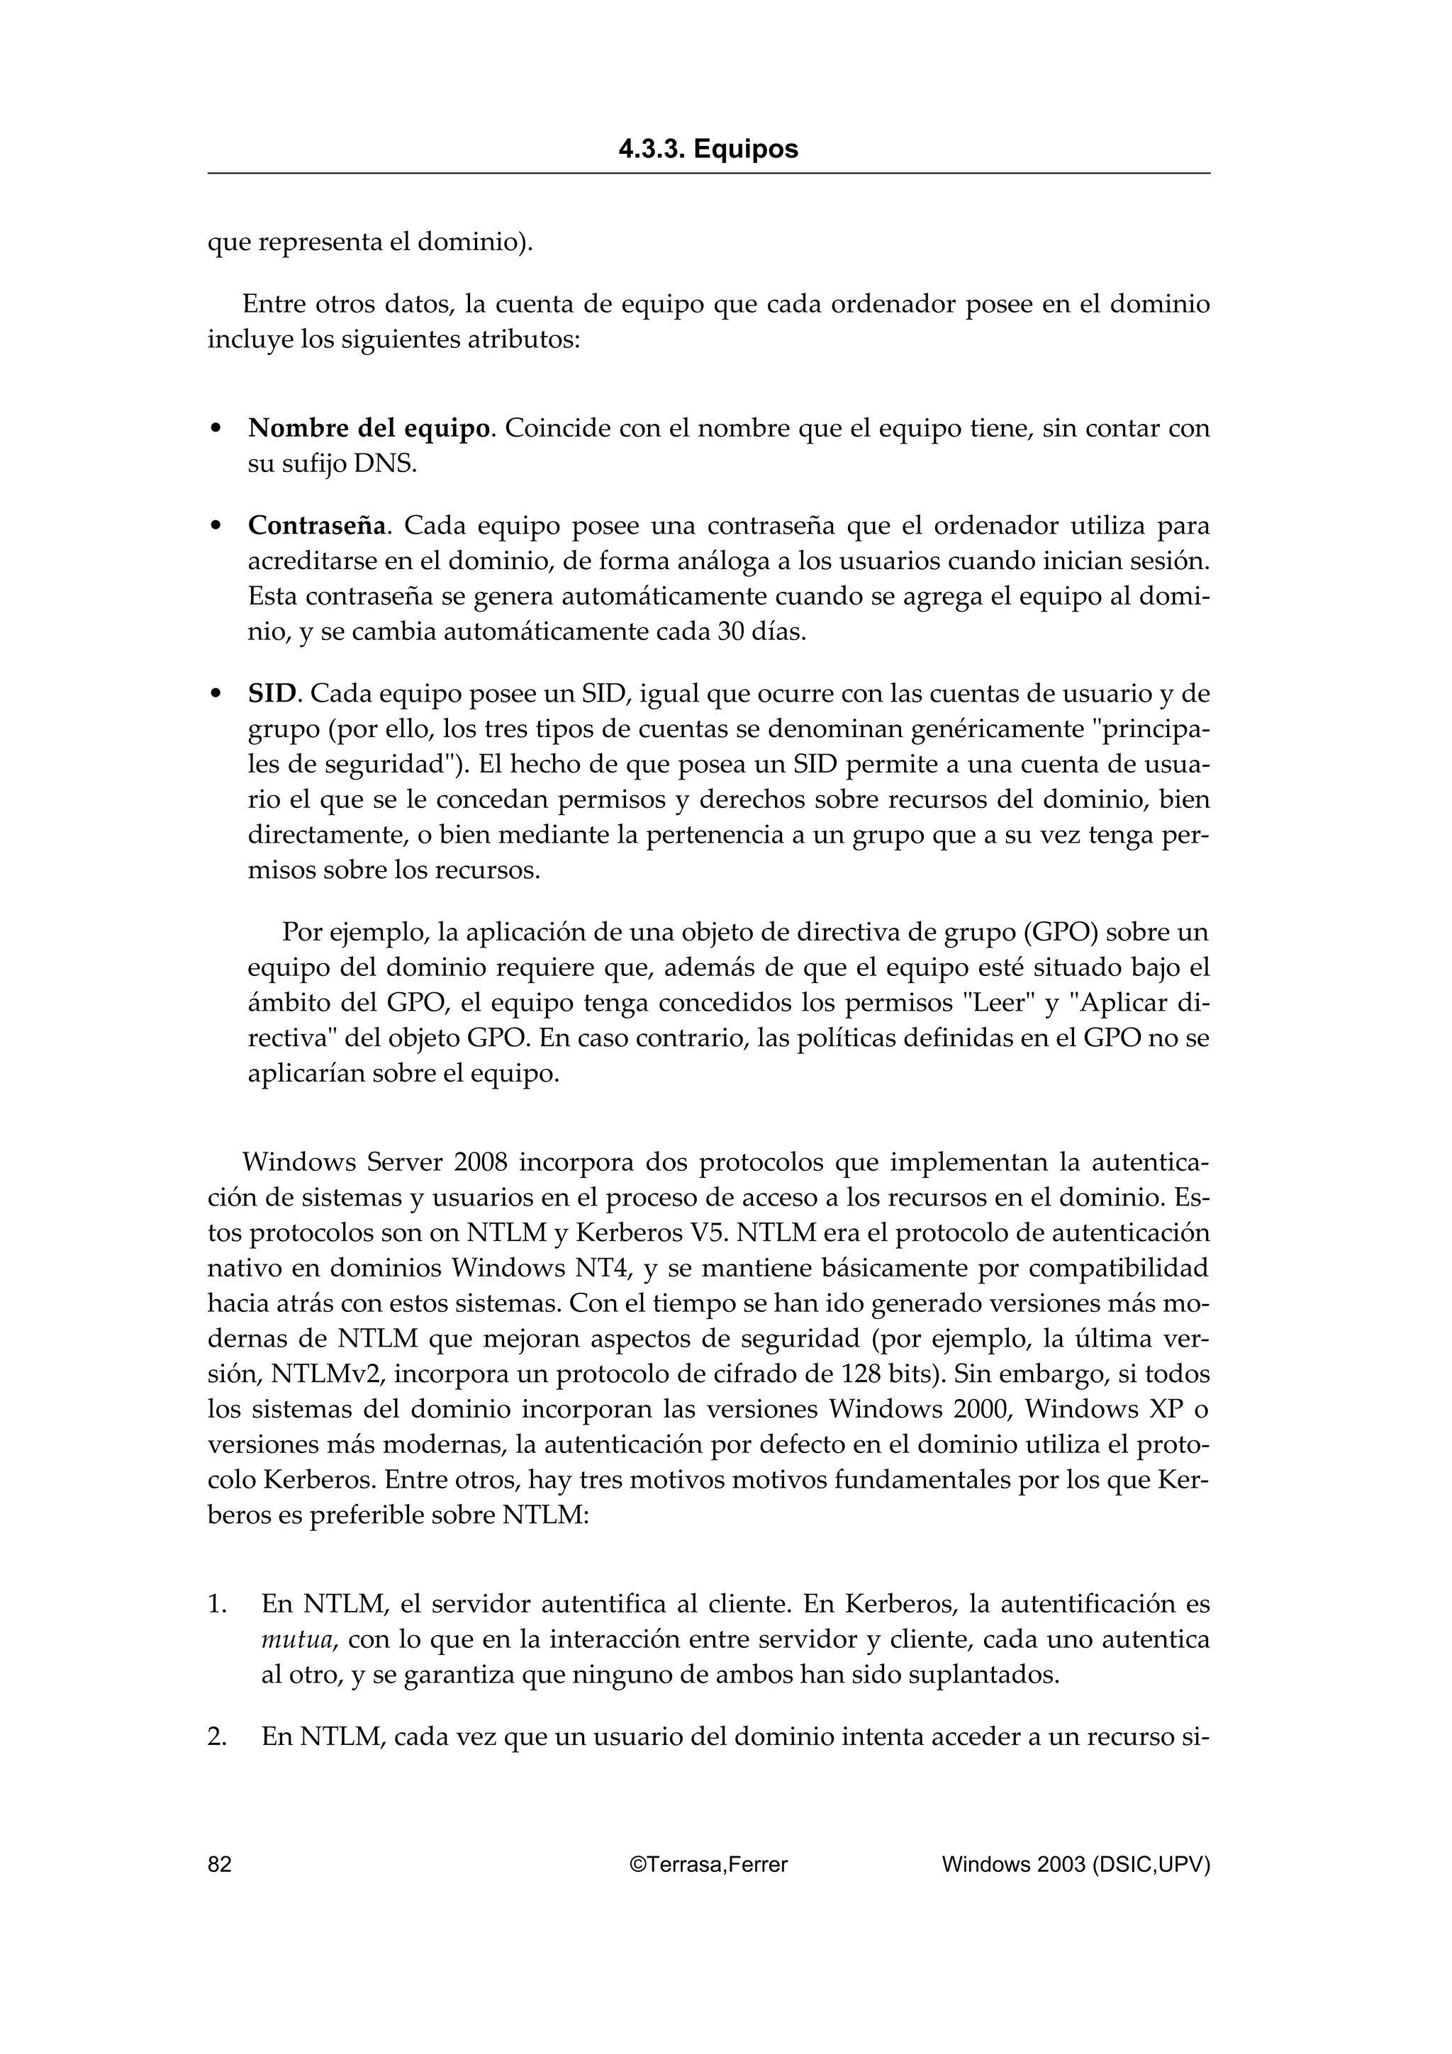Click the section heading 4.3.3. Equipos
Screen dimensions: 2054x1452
(x=708, y=150)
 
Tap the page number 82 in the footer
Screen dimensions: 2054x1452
(x=219, y=1863)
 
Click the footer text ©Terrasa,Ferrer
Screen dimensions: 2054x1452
(x=708, y=1863)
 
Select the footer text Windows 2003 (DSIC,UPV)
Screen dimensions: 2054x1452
(x=1076, y=1863)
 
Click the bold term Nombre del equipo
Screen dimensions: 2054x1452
(x=369, y=429)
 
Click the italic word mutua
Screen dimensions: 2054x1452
(x=298, y=1639)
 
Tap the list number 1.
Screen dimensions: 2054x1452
(x=218, y=1603)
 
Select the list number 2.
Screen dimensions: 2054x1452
(x=218, y=1736)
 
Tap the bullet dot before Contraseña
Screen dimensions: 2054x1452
(x=215, y=526)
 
